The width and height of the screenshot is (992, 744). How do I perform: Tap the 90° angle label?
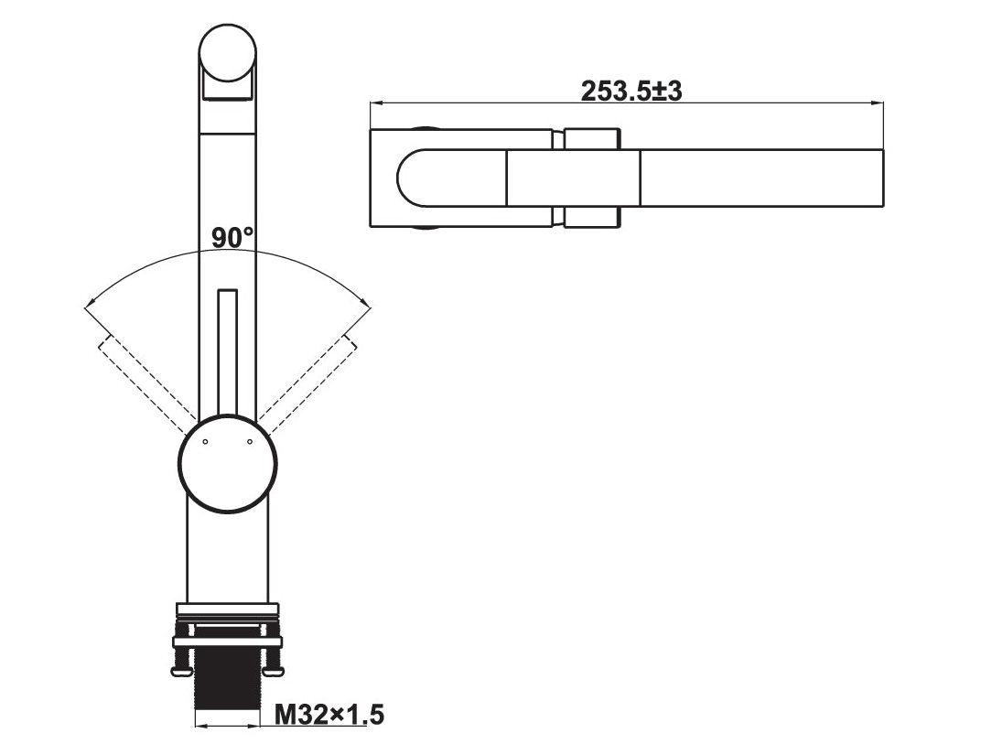(232, 238)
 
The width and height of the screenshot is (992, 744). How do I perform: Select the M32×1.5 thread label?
(330, 714)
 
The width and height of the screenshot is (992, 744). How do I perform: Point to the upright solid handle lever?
(227, 352)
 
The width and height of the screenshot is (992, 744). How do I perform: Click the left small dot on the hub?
(206, 442)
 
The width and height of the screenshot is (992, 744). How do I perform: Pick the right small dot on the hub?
(248, 442)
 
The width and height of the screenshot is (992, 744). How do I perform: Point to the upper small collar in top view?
(592, 138)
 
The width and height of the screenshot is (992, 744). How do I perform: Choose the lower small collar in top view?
(592, 217)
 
